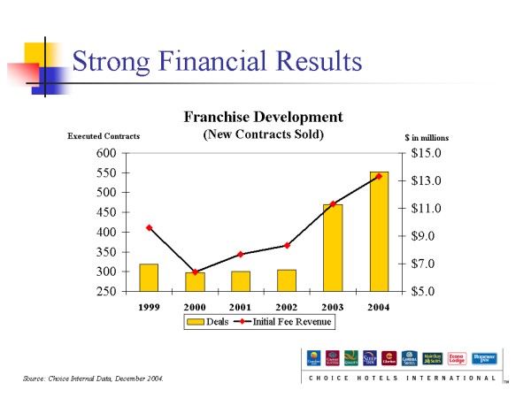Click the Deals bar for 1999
[149, 278]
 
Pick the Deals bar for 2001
[241, 281]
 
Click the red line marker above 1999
[149, 228]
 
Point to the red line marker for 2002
[287, 245]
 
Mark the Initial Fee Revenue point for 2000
[195, 272]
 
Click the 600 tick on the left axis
[105, 153]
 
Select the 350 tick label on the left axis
[105, 252]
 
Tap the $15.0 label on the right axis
[427, 153]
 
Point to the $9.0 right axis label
[427, 236]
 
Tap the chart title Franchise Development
[263, 117]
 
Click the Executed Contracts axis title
[104, 137]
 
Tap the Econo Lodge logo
[458, 358]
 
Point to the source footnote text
[94, 379]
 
